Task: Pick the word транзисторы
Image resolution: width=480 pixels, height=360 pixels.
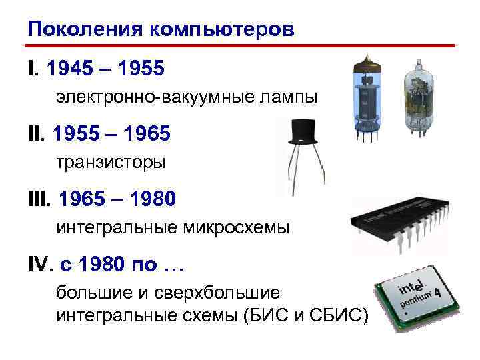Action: click(110, 162)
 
